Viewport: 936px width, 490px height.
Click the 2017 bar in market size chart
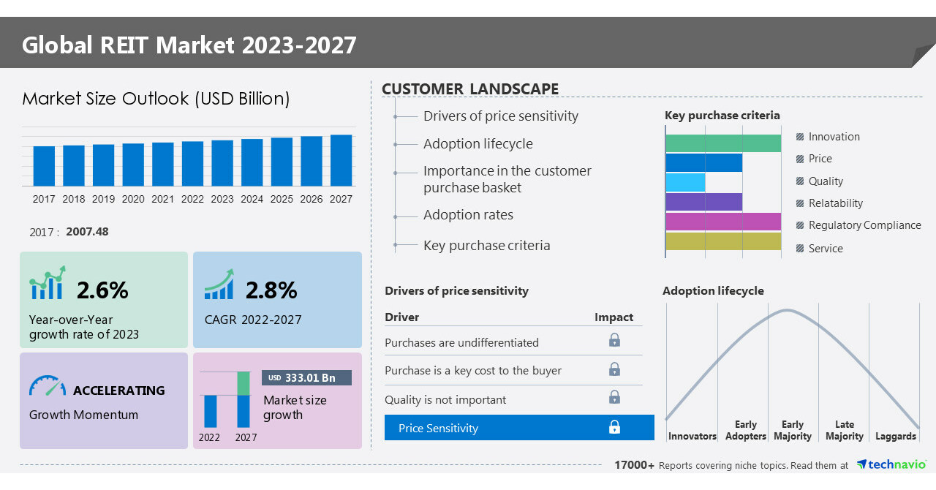pyautogui.click(x=44, y=166)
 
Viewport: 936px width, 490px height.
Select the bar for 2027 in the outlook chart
pyautogui.click(x=341, y=160)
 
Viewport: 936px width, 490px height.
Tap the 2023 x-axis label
pyautogui.click(x=222, y=199)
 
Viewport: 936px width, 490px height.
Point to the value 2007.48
pyautogui.click(x=87, y=232)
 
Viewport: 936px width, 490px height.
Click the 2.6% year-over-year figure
pyautogui.click(x=102, y=290)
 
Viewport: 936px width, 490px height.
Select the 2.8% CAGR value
pyautogui.click(x=271, y=290)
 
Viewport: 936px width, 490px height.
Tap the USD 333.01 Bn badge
pyautogui.click(x=306, y=377)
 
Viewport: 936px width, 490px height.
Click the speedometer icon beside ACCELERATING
pyautogui.click(x=48, y=387)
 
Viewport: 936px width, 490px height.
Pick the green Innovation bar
pyautogui.click(x=723, y=143)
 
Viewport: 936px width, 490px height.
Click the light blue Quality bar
pyautogui.click(x=686, y=182)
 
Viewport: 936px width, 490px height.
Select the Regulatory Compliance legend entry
pyautogui.click(x=864, y=225)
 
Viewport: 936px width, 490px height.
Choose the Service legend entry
pyautogui.click(x=826, y=249)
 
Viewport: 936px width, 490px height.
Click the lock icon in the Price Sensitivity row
pyautogui.click(x=614, y=427)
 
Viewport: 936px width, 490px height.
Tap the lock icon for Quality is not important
pyautogui.click(x=614, y=397)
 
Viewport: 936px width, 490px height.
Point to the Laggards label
pyautogui.click(x=895, y=437)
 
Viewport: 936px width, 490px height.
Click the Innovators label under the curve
pyautogui.click(x=692, y=437)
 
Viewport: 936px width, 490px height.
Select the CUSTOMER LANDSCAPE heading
pyautogui.click(x=470, y=89)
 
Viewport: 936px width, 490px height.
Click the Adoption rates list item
pyautogui.click(x=468, y=215)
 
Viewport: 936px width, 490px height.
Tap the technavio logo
pyautogui.click(x=891, y=465)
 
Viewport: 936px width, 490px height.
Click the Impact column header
pyautogui.click(x=614, y=317)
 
